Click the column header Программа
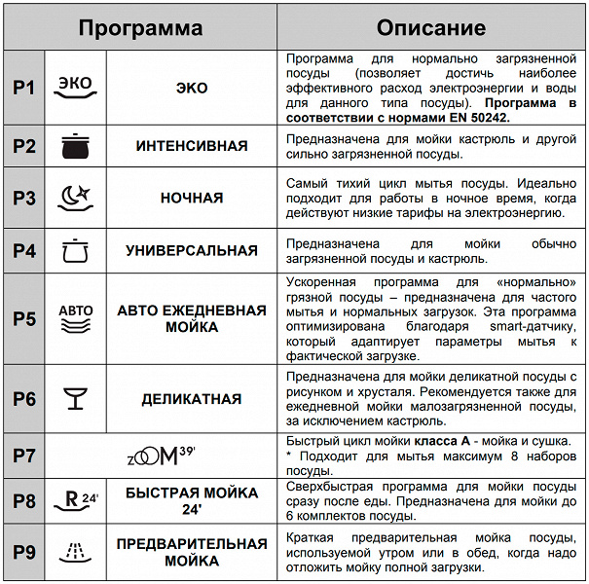[140, 28]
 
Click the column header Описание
[430, 28]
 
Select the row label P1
[24, 88]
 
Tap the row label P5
[24, 318]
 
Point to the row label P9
[24, 552]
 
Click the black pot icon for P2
[75, 146]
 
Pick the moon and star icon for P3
[75, 198]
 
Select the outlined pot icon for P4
[75, 250]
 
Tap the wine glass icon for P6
[75, 398]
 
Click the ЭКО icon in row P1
[75, 87]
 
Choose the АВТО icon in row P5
[75, 318]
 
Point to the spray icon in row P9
[75, 552]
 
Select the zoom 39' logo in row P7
[162, 454]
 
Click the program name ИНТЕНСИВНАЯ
[192, 146]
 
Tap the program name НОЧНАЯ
[192, 198]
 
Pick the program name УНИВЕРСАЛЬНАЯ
[192, 250]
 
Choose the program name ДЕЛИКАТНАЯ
[192, 398]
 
